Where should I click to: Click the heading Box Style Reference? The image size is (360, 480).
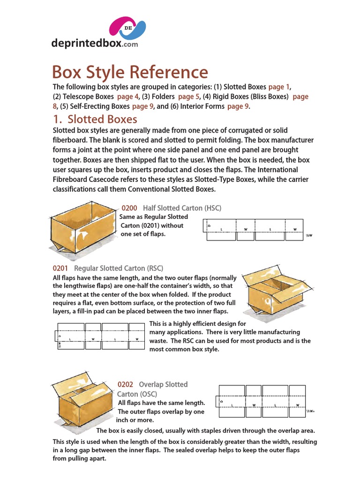130,72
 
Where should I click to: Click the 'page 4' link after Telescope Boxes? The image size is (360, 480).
127,97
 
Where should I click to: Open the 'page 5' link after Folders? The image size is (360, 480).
189,97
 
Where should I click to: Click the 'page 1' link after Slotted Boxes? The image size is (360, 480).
279,87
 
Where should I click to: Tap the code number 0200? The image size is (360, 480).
129,208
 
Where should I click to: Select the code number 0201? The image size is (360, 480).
60,268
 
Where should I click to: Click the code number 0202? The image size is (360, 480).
125,384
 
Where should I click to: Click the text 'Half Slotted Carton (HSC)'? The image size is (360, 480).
182,208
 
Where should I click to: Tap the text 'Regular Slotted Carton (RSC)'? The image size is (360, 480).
119,268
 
